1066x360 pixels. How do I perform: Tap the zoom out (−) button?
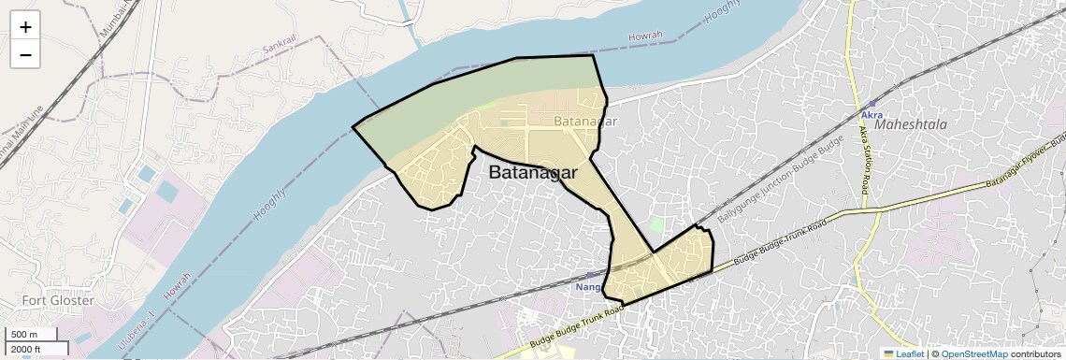coord(25,55)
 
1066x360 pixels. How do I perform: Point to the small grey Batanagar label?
coord(585,122)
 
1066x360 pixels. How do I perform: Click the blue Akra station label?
coord(872,115)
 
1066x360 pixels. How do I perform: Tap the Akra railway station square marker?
coord(870,102)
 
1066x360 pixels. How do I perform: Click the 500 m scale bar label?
coord(25,335)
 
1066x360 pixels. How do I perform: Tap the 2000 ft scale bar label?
coord(27,350)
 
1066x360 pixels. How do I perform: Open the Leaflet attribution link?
coord(904,353)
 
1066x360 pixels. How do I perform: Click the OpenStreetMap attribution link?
coord(973,353)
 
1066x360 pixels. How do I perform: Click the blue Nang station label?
coord(587,287)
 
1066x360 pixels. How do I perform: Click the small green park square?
coord(657,224)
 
